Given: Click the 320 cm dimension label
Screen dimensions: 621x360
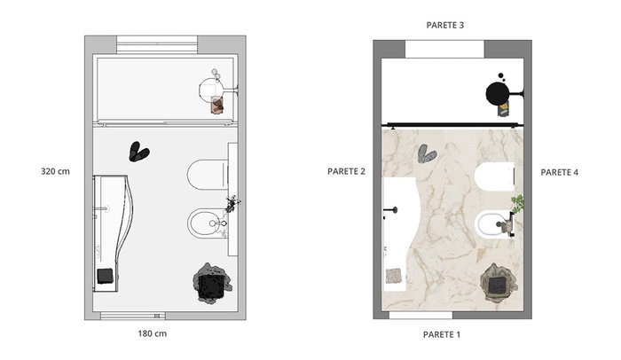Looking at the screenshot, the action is [55, 171].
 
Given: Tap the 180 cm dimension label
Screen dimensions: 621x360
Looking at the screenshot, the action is [152, 333].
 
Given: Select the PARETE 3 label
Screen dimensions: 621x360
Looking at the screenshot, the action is [444, 25].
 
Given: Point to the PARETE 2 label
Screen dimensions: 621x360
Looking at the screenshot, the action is [346, 171].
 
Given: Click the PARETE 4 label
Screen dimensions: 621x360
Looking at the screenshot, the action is [559, 172].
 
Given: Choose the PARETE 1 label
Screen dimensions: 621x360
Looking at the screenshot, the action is [442, 334].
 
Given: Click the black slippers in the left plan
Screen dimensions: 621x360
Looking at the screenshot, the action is [138, 152].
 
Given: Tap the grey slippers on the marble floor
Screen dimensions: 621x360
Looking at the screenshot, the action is [427, 153].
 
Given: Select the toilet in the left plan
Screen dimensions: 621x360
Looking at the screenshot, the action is [208, 175].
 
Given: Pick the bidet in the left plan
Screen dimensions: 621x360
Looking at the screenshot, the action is [208, 223].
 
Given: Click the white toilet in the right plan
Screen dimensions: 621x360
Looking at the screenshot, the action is [495, 176].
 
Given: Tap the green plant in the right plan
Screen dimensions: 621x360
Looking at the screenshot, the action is [517, 203].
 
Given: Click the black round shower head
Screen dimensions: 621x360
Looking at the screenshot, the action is [498, 94].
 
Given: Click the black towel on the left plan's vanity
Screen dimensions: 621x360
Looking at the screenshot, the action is [106, 276].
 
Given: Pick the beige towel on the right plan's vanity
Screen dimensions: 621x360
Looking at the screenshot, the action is [394, 276].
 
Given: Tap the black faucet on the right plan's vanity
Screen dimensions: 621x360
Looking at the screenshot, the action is [391, 210].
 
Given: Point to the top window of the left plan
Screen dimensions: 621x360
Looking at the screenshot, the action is [157, 44].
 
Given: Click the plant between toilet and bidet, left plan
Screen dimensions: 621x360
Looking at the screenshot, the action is [232, 204].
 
